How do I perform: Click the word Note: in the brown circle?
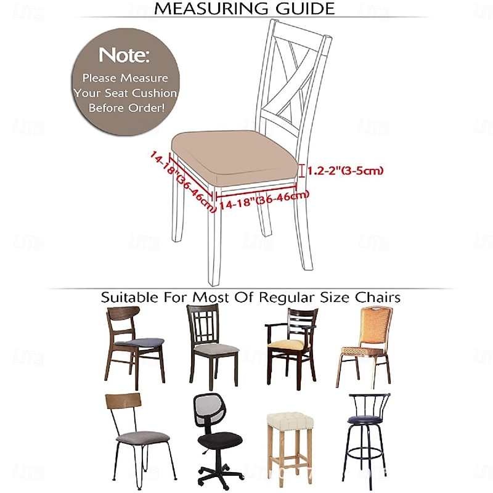pyautogui.click(x=124, y=55)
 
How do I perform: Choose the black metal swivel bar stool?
pyautogui.click(x=367, y=431)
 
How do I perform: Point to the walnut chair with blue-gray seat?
pyautogui.click(x=135, y=346)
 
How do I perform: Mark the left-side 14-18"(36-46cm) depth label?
pyautogui.click(x=182, y=182)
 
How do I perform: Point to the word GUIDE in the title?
pyautogui.click(x=306, y=9)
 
